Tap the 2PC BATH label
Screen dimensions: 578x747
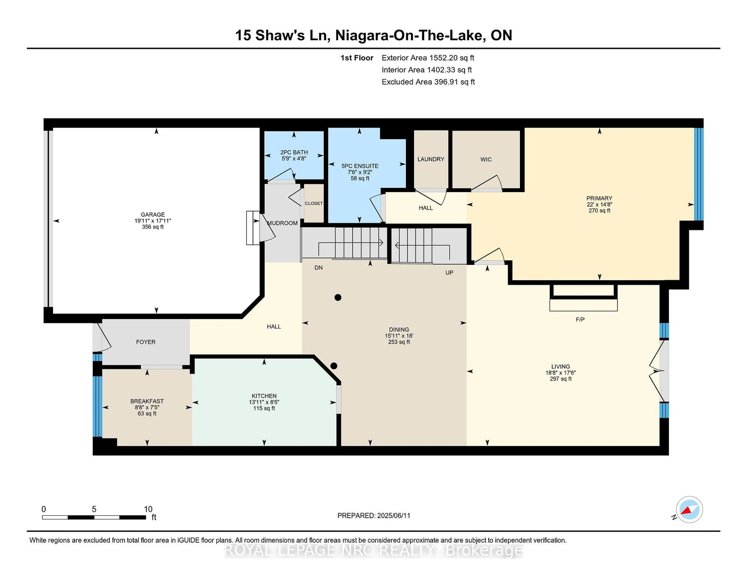(x=294, y=152)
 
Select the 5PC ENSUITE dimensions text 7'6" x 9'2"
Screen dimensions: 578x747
(x=360, y=172)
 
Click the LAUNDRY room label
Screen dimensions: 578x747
(x=431, y=159)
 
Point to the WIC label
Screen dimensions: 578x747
(x=486, y=159)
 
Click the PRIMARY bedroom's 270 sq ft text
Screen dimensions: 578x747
(x=599, y=211)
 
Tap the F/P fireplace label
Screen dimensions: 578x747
(x=580, y=319)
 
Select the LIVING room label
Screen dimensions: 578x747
(x=561, y=366)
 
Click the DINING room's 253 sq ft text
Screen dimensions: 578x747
(x=399, y=342)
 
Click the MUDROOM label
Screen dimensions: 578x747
(x=282, y=223)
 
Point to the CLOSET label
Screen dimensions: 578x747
(x=314, y=203)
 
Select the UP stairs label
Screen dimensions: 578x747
(x=449, y=273)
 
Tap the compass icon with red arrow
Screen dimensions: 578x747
(x=689, y=509)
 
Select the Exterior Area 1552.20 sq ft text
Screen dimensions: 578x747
(x=428, y=58)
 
